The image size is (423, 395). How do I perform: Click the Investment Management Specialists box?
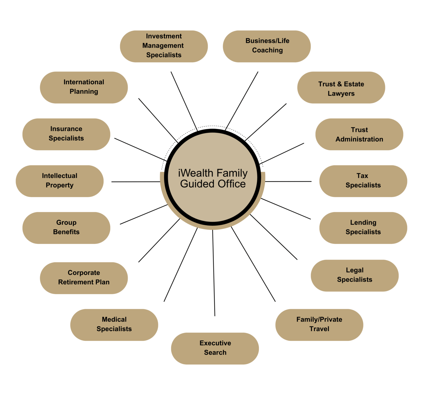point(164,46)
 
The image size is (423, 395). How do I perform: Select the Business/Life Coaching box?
point(267,46)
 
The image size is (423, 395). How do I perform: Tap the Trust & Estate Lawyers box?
point(341,88)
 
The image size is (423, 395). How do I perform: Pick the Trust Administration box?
point(359,135)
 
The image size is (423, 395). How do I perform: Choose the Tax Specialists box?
point(363,181)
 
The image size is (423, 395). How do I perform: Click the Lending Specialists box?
point(363,228)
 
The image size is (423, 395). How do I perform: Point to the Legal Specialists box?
point(354,276)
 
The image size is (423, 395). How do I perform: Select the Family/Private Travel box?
point(319,325)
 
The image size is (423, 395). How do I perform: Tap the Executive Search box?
point(215,349)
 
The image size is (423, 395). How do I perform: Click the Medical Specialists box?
point(114,325)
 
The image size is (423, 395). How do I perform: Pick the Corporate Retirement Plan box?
point(84,278)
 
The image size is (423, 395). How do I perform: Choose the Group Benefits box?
point(66,228)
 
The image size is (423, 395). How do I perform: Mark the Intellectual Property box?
point(59,181)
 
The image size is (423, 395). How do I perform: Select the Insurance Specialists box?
point(66,135)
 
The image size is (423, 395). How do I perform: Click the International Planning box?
point(84,88)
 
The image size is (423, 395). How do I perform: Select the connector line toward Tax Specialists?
point(288,182)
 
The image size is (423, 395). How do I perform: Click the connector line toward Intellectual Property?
point(135,182)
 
